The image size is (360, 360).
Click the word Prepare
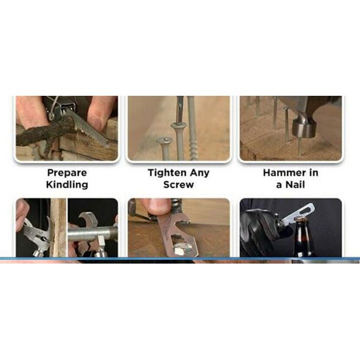pos(67,173)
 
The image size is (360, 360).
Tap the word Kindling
pos(67,185)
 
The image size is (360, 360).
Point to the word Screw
pos(179,185)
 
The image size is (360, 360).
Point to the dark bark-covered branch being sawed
pos(46,133)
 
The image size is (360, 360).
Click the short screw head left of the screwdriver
pos(164,140)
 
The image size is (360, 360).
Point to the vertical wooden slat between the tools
pos(59,228)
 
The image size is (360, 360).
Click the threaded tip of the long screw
pos(193,149)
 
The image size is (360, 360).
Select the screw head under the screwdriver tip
pos(178,125)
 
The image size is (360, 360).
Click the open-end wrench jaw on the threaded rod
pos(88,221)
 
